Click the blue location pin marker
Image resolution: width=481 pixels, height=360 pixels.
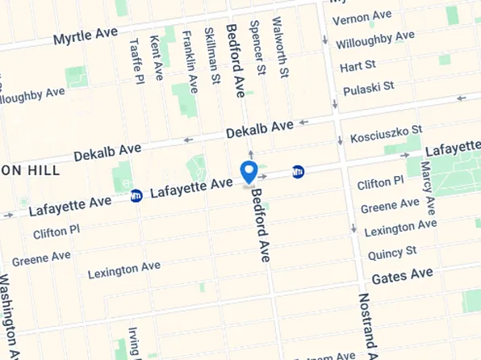tap(249, 172)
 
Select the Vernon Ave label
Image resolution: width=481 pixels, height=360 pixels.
tap(361, 19)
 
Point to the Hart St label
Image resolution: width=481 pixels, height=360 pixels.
tap(358, 65)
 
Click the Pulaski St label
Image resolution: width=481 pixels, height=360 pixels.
tap(367, 86)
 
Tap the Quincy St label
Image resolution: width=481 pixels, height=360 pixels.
tap(391, 253)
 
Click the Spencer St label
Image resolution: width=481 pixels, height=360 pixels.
tap(257, 48)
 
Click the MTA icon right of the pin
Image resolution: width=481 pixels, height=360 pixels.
tap(298, 172)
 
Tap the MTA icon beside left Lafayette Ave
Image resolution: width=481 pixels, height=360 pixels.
tap(136, 195)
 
